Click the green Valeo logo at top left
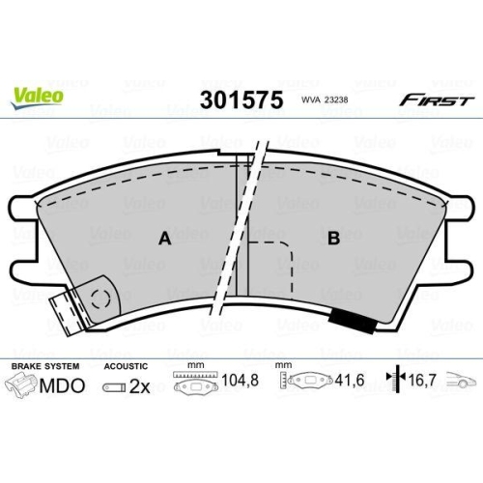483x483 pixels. coord(38,95)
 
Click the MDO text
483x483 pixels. coord(62,385)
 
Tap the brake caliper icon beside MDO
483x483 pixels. coord(21,386)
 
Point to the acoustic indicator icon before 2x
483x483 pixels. coord(112,387)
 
